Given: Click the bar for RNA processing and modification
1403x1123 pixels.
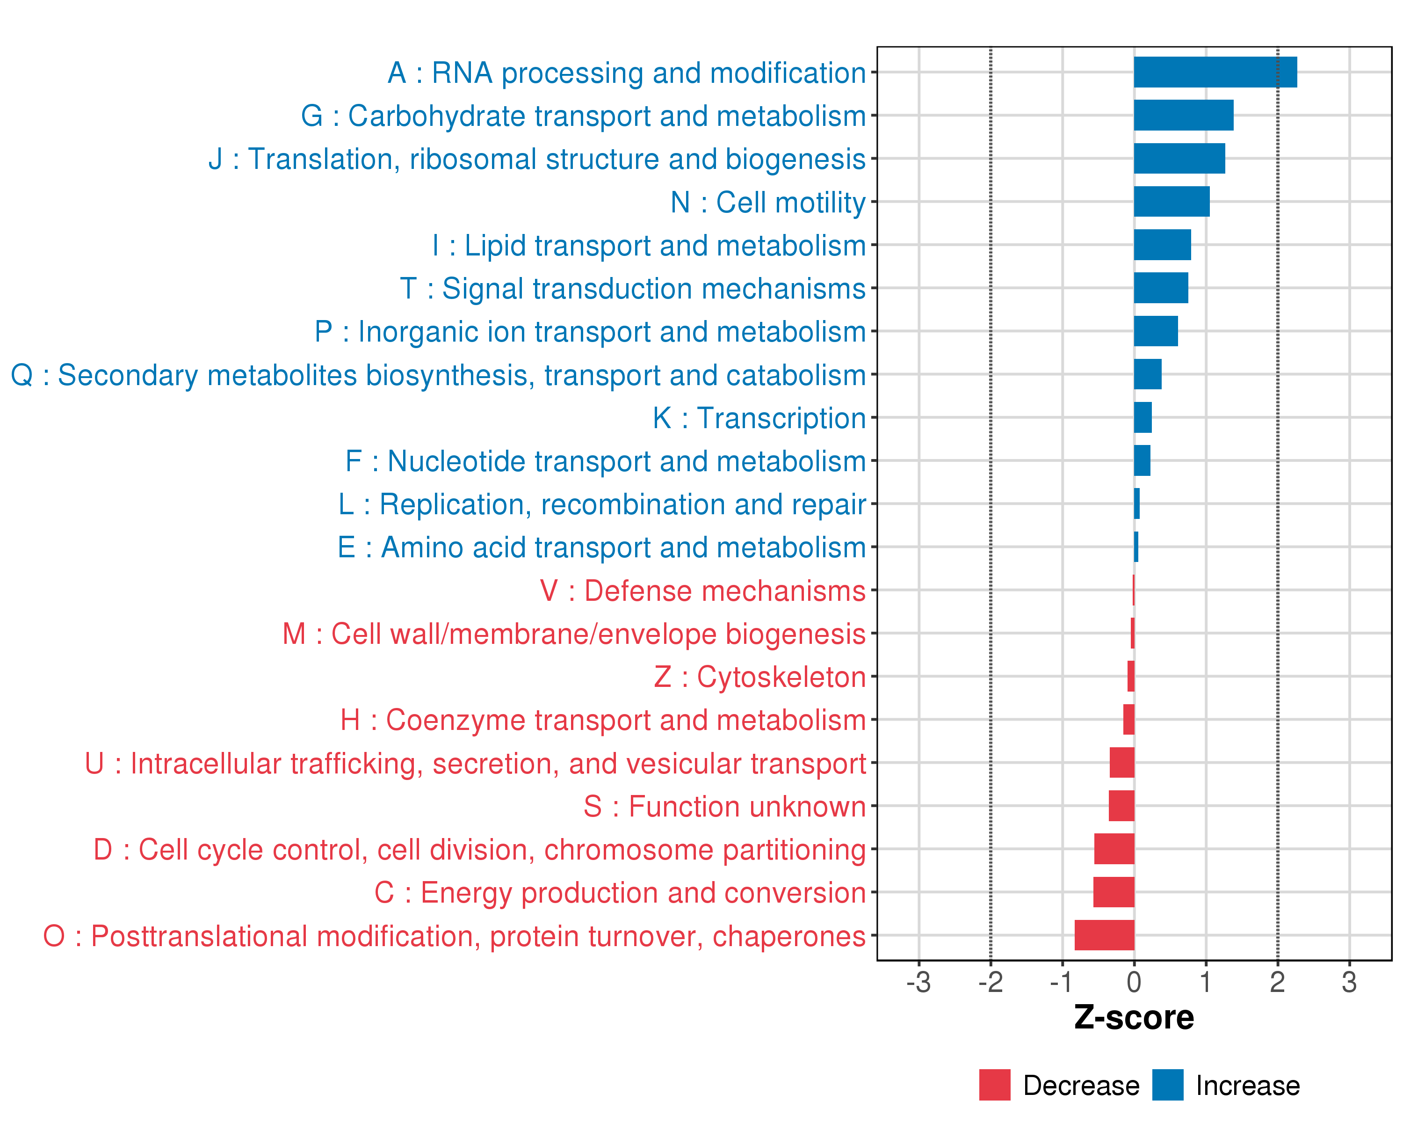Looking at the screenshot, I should click(x=1215, y=72).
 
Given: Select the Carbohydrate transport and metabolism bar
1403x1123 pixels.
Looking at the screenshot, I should click(x=1183, y=115).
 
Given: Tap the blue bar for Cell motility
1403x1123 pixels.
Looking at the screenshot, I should click(x=1172, y=202).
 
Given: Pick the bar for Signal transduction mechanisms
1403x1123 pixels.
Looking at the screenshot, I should click(x=1160, y=288).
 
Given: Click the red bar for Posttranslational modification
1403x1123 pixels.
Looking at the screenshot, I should click(x=1104, y=935).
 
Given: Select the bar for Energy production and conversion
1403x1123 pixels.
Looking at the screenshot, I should click(x=1114, y=892).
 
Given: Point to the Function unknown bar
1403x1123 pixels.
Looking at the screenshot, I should click(x=1121, y=806).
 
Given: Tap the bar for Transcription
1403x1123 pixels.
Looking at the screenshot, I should click(x=1142, y=417).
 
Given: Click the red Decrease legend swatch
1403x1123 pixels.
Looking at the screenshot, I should click(x=994, y=1085).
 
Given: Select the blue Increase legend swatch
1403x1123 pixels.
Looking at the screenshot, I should click(x=1167, y=1085).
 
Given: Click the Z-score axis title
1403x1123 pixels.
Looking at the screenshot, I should click(x=1134, y=1018).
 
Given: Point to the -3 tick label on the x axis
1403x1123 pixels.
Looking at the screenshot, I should click(x=918, y=982).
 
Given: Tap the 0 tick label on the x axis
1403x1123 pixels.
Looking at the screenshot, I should click(x=1134, y=982).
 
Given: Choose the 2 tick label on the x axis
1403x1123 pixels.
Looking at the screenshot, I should click(x=1277, y=982).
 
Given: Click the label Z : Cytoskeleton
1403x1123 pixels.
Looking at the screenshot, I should click(x=759, y=677).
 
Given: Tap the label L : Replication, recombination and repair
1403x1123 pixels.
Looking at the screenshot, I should click(x=602, y=504).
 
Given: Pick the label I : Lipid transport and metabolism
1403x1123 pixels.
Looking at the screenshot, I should click(x=649, y=246).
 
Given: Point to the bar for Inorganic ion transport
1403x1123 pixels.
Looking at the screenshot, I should click(x=1155, y=331).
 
